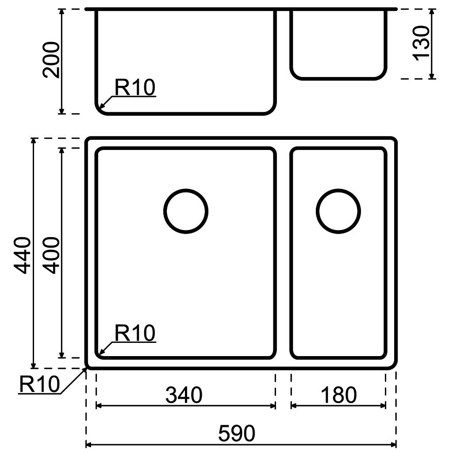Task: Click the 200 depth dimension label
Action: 53,59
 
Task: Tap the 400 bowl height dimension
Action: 52,255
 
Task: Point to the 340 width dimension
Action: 184,395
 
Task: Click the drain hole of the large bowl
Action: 186,211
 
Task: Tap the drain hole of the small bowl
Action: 338,211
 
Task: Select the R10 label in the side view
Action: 134,88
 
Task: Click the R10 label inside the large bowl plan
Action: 134,333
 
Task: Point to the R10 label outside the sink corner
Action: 39,384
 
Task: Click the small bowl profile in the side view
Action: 338,44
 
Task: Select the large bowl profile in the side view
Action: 186,62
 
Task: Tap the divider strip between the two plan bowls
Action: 283,252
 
